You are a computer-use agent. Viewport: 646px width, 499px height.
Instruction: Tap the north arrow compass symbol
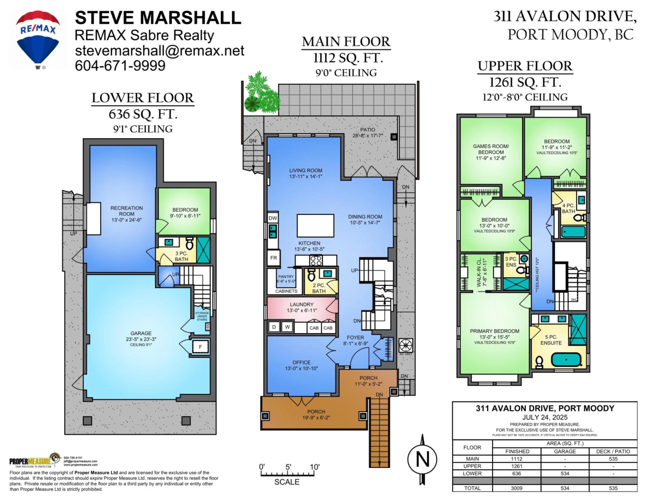tap(423, 459)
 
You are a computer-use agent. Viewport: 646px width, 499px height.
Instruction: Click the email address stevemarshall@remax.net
tap(159, 51)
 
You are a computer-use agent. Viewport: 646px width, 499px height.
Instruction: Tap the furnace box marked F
tap(200, 347)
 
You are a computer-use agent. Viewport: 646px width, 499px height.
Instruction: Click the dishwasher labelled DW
tap(273, 218)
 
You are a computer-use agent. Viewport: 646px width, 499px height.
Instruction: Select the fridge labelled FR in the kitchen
tap(273, 258)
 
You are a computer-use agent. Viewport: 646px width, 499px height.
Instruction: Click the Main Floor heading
tap(346, 42)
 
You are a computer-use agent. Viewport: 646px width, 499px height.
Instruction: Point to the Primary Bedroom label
tap(494, 331)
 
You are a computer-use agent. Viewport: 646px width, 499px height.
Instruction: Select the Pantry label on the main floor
tap(285, 277)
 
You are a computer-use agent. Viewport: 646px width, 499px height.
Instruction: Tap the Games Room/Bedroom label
tap(489, 149)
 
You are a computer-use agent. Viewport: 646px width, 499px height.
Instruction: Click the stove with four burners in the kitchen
tap(315, 261)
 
